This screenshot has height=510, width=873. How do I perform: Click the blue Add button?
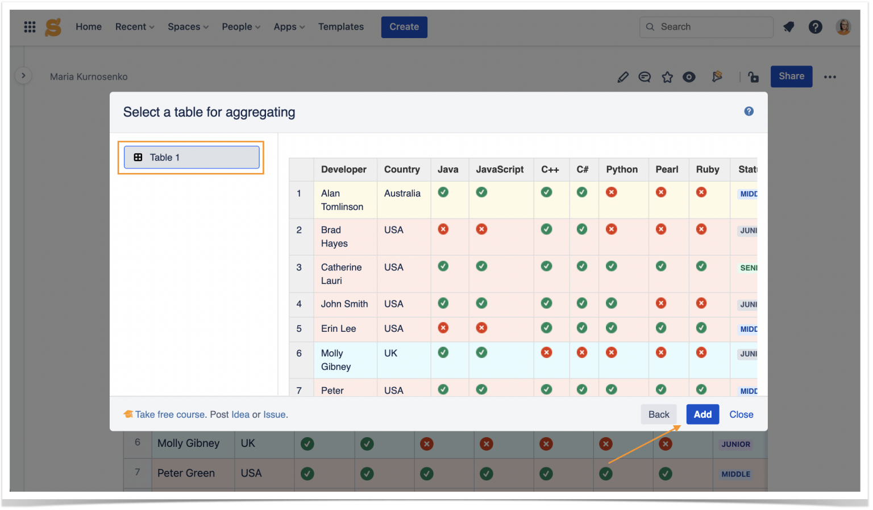point(702,414)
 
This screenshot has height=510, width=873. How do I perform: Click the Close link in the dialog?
point(741,414)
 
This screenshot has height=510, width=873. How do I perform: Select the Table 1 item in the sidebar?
point(192,157)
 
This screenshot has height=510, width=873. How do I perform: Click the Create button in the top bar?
point(404,27)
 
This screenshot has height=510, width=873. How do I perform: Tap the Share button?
point(791,76)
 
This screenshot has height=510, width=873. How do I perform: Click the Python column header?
point(622,169)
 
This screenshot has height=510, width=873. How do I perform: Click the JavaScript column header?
point(500,169)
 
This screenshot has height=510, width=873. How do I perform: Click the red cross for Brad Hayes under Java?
point(443,229)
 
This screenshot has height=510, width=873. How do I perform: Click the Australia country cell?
point(402,194)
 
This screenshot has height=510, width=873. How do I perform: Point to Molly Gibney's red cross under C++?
point(547,352)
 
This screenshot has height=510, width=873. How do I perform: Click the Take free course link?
point(170,414)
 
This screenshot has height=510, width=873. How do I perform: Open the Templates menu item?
point(340,27)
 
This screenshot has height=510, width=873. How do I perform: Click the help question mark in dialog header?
point(749,112)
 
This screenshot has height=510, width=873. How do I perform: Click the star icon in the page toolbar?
point(667,77)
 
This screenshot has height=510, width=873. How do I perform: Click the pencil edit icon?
point(623,77)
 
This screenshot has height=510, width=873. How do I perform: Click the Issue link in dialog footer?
point(275,414)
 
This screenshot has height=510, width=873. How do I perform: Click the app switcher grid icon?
point(30,27)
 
